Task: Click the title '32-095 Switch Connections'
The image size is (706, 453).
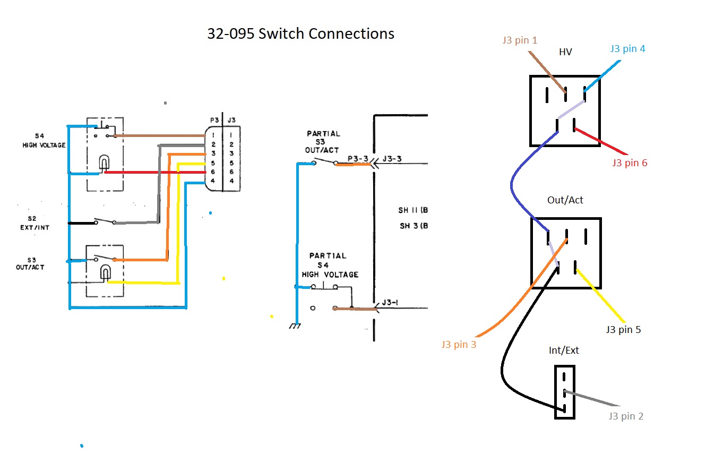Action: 300,34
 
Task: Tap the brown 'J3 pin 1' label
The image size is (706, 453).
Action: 519,40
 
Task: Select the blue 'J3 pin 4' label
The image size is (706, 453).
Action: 627,48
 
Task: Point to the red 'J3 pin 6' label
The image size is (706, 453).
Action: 630,163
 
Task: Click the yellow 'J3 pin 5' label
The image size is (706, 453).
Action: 623,329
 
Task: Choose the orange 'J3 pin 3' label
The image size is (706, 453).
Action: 459,345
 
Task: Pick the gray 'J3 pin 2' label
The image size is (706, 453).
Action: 626,416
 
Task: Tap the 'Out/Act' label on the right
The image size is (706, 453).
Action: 565,200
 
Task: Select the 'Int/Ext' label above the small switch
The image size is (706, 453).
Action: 564,351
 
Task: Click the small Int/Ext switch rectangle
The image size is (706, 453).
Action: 565,392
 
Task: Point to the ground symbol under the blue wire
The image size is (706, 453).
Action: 296,326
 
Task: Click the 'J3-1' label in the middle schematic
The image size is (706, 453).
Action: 390,303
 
